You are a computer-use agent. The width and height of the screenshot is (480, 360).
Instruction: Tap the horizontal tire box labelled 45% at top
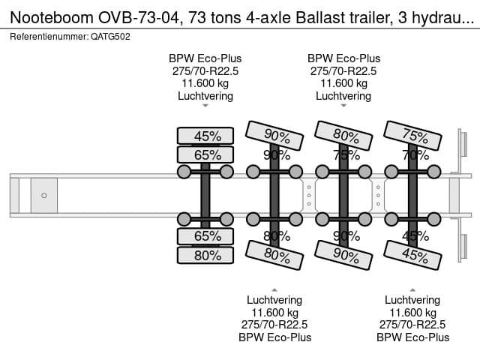coord(205,136)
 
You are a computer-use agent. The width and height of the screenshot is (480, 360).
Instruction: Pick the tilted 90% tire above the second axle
coord(275,136)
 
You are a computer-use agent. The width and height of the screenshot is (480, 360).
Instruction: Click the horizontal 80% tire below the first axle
coord(205,255)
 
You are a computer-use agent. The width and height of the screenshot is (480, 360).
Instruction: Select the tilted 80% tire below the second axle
coord(275,255)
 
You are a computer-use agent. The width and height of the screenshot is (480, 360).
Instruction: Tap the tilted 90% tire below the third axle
coord(343,255)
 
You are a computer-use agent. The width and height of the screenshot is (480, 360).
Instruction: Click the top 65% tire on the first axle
coord(205,155)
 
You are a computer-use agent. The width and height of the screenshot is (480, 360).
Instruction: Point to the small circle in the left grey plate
coord(44,196)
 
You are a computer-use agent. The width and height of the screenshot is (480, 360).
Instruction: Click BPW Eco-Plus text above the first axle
coord(205,58)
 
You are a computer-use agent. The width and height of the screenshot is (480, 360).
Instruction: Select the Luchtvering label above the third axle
coord(343,96)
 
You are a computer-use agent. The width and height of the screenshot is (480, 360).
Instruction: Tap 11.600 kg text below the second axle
coord(274,312)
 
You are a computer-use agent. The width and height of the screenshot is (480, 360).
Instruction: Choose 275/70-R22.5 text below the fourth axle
coord(412,325)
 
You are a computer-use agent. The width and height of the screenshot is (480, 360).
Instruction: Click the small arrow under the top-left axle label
coord(205,106)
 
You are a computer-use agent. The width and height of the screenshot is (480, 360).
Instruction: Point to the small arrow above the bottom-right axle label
coord(412,289)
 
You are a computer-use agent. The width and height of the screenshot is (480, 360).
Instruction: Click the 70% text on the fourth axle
coord(410,156)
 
